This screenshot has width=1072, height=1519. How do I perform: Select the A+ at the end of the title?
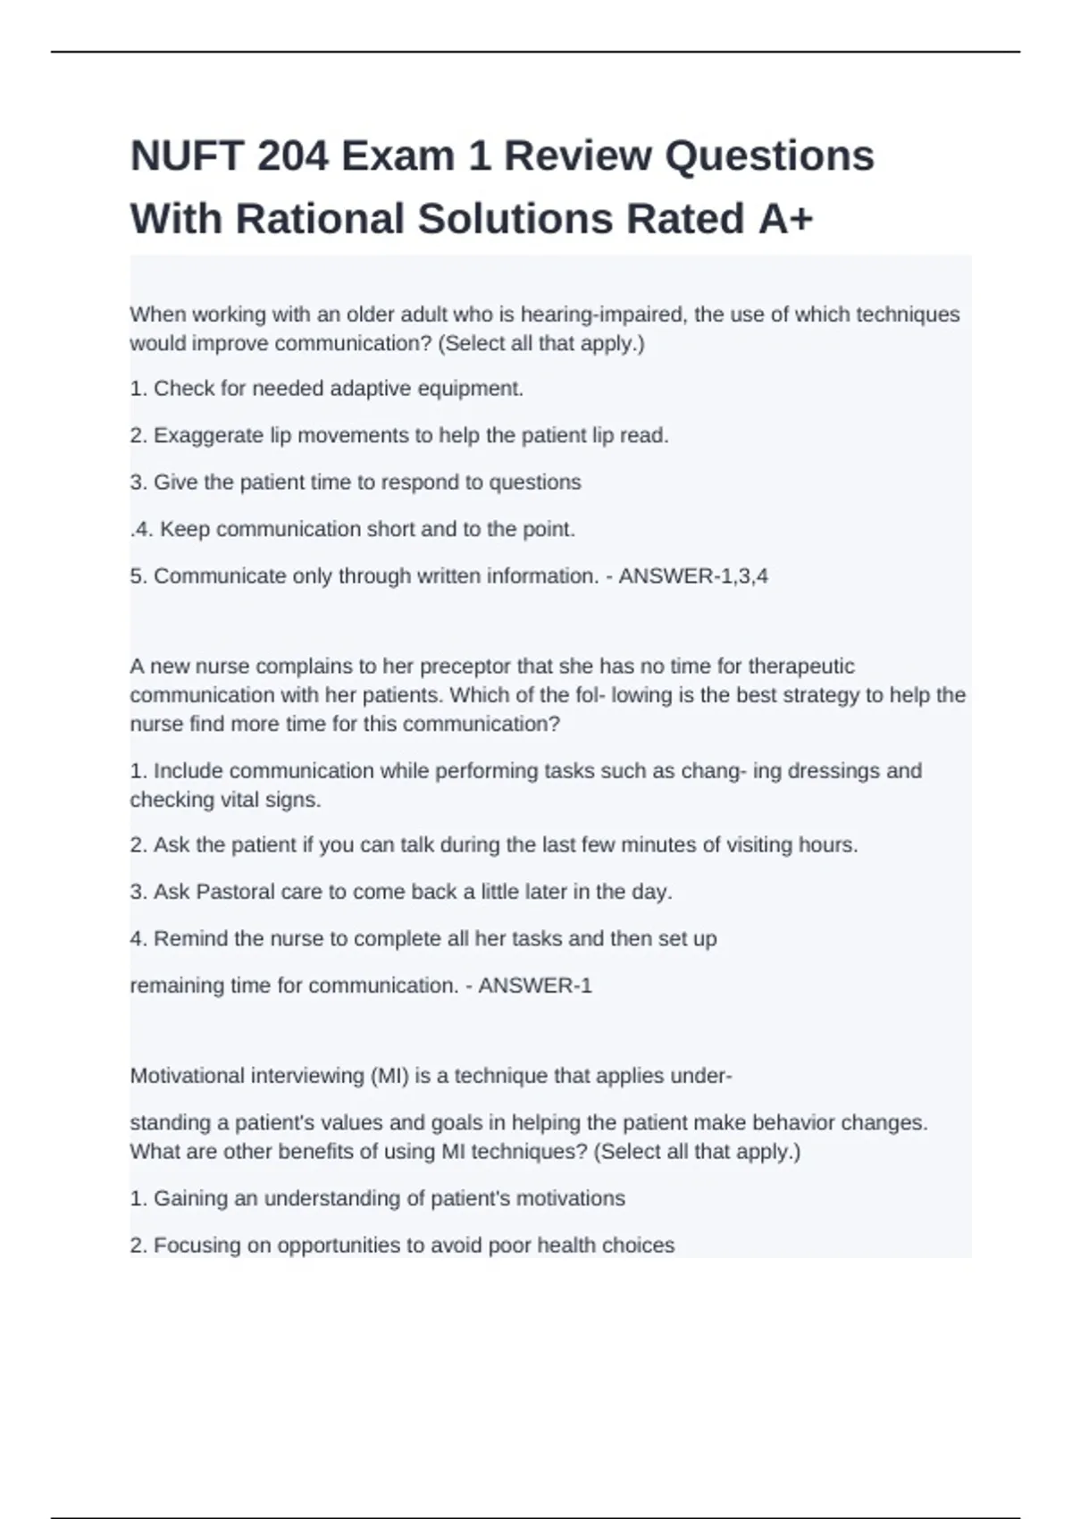click(x=785, y=219)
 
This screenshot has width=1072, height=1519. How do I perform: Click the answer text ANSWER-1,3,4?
click(x=693, y=576)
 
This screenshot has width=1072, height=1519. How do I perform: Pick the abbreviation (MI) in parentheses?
click(x=389, y=1076)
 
